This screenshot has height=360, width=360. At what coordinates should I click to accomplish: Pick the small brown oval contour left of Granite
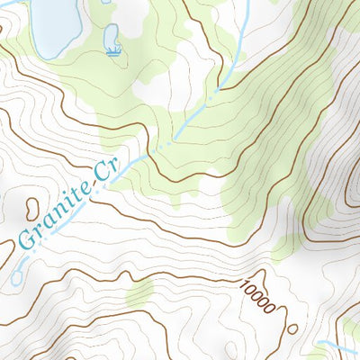coord(32,210)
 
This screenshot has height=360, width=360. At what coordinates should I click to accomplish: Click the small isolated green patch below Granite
coord(139,292)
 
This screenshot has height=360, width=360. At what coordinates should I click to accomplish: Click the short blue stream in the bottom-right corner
coord(337,346)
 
